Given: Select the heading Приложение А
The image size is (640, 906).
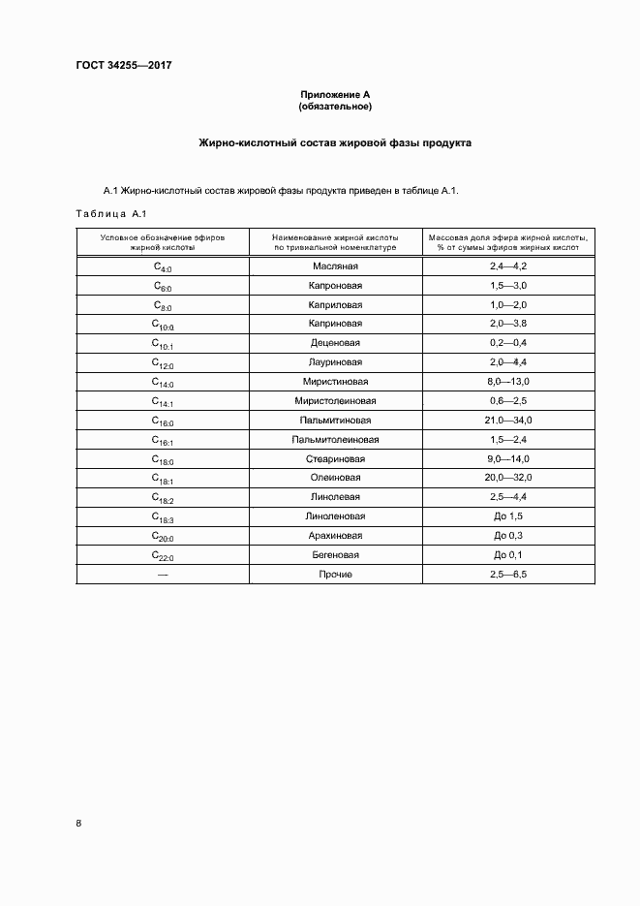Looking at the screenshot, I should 335,94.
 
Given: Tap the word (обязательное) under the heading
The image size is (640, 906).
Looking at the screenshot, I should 335,106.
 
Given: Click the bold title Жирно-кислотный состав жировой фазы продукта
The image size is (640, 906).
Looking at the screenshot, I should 335,142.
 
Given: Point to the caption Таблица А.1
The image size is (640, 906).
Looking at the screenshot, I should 110,213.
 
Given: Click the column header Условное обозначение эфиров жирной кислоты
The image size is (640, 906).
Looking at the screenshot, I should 162,241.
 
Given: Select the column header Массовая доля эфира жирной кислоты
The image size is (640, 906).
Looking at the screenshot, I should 507,241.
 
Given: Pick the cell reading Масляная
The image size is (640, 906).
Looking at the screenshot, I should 335,266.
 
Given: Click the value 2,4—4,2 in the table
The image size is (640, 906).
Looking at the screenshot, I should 507,266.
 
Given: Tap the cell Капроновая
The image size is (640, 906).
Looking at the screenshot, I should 335,285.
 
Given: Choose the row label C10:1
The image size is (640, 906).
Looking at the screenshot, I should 162,343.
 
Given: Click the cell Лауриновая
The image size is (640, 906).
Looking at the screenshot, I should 335,362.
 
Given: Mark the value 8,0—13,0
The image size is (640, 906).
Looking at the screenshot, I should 507,382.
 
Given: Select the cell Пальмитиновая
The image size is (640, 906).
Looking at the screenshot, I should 335,421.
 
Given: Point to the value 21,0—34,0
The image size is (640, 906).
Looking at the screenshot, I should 507,421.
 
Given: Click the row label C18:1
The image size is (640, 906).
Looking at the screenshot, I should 162,479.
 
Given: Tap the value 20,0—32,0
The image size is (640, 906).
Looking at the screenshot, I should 507,478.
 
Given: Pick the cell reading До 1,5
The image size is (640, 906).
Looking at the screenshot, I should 507,516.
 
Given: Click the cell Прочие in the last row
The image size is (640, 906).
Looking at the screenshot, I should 335,575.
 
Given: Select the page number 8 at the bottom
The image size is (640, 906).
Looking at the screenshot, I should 78,824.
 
